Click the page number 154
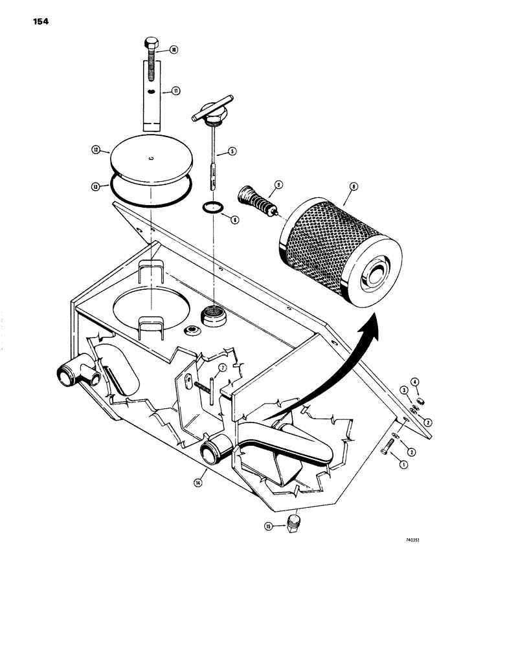tap(39, 21)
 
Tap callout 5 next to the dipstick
tap(231, 153)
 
